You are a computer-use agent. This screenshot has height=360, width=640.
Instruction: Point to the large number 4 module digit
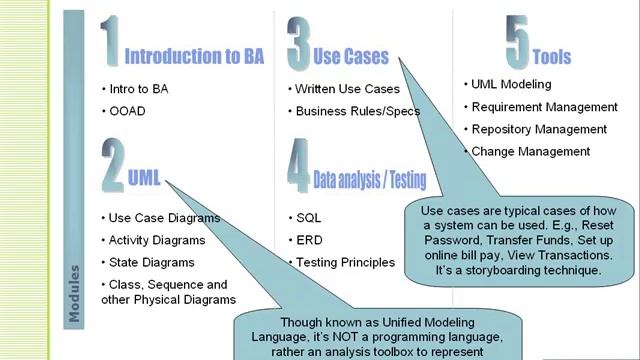298,167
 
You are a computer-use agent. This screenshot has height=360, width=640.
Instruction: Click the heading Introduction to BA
194,56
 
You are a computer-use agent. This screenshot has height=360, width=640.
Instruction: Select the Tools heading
552,57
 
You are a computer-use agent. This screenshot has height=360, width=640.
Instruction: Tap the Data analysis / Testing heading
369,181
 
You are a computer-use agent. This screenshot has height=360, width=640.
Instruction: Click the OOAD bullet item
127,111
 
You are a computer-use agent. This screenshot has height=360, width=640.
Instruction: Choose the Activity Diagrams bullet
156,240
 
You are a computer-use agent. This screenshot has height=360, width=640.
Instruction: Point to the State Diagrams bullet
150,262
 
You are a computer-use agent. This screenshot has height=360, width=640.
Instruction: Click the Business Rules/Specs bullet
357,111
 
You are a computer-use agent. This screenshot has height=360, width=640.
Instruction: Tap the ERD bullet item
309,240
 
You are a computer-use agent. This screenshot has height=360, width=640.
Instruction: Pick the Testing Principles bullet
345,262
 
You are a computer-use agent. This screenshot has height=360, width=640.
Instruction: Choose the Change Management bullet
530,151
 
